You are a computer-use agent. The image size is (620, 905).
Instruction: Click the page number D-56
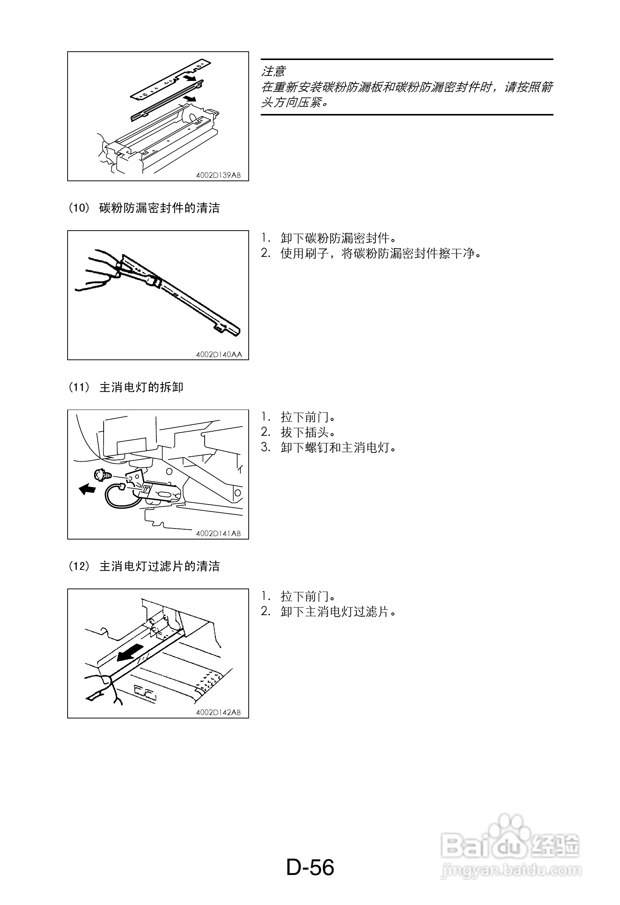pos(310,868)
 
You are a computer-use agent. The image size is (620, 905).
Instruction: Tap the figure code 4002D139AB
pos(218,175)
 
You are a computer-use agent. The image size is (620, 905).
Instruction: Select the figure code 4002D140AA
pos(219,354)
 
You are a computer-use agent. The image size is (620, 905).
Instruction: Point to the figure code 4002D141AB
pos(218,533)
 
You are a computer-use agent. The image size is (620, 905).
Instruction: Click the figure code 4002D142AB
pos(218,712)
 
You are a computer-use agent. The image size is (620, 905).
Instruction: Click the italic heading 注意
pos(274,71)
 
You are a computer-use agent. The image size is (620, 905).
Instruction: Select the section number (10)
pos(79,208)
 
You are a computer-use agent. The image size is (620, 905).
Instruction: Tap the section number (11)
pos(79,387)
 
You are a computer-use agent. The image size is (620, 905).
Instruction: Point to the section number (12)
pos(79,566)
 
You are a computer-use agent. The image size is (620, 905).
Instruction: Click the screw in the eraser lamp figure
pos(103,475)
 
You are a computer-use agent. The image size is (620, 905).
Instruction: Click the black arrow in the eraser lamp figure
pos(87,489)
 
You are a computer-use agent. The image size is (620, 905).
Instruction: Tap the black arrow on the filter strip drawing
pos(129,652)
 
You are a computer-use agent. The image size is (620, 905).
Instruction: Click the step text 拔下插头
pos(308,432)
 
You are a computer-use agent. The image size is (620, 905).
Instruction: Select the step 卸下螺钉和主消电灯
pos(339,448)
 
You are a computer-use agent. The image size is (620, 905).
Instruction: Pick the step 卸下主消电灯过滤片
pos(339,612)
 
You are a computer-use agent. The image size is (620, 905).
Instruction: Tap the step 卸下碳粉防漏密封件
pos(339,238)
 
